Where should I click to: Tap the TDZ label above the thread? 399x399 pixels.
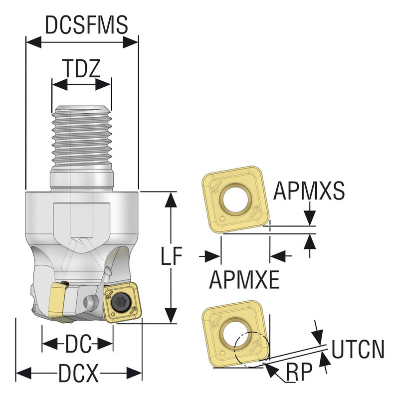coord(81,67)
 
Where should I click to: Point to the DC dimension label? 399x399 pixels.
coord(77,344)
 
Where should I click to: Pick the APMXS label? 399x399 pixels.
coord(309,191)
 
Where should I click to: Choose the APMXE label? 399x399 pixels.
coord(244,280)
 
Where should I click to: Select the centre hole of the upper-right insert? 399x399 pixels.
coord(234,198)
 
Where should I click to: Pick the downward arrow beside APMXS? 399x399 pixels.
coord(310,215)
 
